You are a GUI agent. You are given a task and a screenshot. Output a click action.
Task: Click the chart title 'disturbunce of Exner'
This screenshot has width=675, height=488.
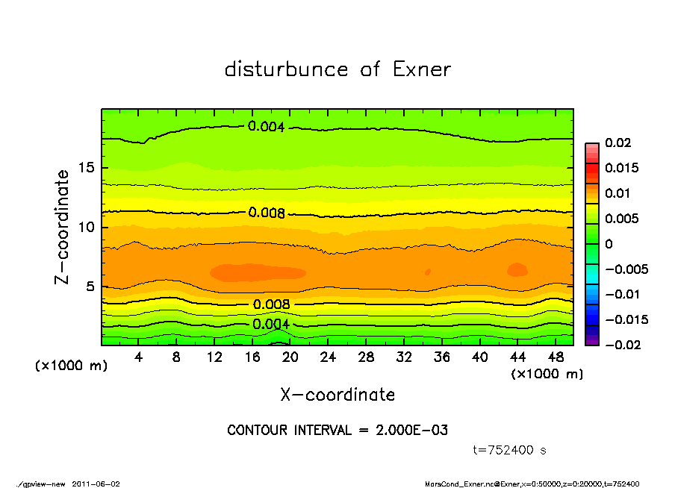pyautogui.click(x=337, y=69)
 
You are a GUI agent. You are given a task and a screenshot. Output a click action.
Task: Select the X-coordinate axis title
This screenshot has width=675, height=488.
pyautogui.click(x=337, y=394)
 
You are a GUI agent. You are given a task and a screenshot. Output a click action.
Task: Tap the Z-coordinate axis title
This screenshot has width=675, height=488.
pyautogui.click(x=63, y=227)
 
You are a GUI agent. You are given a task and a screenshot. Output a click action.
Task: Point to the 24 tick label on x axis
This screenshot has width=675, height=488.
pyautogui.click(x=328, y=357)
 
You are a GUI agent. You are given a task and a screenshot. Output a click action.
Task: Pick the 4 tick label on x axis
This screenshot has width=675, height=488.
pyautogui.click(x=139, y=357)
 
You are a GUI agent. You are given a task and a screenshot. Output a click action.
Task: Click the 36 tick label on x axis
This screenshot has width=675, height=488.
pyautogui.click(x=441, y=357)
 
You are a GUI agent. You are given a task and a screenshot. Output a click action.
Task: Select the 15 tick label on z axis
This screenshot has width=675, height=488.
pyautogui.click(x=87, y=167)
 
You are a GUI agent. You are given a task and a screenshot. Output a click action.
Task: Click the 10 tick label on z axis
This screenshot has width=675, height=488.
pyautogui.click(x=87, y=227)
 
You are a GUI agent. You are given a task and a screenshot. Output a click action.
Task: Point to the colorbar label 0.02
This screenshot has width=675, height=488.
pyautogui.click(x=619, y=143)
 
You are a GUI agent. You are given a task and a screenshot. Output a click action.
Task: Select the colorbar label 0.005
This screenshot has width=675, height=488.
pyautogui.click(x=621, y=219)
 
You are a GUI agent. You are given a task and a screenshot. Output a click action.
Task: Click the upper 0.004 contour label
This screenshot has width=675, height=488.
pyautogui.click(x=267, y=127)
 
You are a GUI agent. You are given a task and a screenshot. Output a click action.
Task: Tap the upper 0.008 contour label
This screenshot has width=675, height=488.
pyautogui.click(x=267, y=213)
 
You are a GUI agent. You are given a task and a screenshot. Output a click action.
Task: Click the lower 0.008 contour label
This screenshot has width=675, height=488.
pyautogui.click(x=271, y=304)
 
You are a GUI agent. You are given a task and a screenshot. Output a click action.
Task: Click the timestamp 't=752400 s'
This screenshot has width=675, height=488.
pyautogui.click(x=511, y=450)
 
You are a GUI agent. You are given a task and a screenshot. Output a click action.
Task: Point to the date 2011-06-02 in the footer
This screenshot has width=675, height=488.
pyautogui.click(x=96, y=484)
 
